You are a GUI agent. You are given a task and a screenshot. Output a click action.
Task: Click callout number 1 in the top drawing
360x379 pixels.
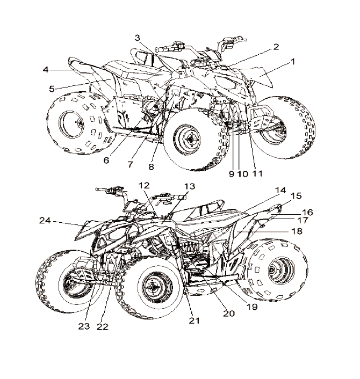click(x=293, y=62)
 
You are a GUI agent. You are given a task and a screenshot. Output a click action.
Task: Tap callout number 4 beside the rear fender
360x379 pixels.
click(x=46, y=69)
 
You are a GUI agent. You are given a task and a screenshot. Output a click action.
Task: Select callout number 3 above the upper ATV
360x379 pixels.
click(x=138, y=38)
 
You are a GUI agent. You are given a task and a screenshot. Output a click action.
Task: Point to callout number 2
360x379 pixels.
click(x=276, y=47)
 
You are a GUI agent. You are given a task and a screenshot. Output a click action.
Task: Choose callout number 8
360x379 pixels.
click(x=151, y=167)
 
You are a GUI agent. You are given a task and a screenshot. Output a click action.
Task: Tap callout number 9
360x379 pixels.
click(x=231, y=173)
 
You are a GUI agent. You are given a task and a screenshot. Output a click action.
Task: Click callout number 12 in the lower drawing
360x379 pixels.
click(x=143, y=185)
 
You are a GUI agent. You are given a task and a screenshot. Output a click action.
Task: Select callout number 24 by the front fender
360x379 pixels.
click(x=45, y=220)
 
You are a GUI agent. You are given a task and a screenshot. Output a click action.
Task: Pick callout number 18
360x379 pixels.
click(x=296, y=231)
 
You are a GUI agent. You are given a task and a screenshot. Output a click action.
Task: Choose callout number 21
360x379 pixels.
click(x=194, y=320)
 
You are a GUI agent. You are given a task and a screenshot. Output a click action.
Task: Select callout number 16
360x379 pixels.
click(x=308, y=213)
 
